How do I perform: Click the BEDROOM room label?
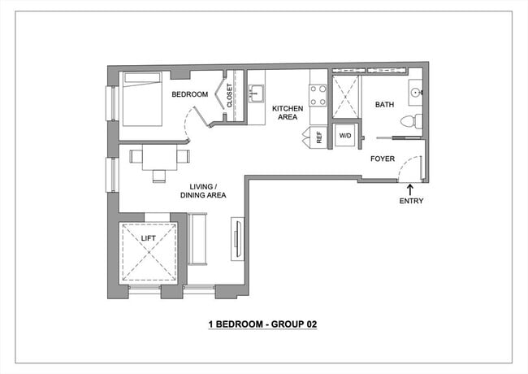click(x=189, y=94)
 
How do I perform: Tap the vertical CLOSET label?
click(x=230, y=96)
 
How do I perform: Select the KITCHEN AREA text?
click(x=288, y=112)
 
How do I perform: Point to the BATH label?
click(x=384, y=105)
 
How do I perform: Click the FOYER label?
click(x=383, y=159)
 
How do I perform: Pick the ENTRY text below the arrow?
click(x=410, y=201)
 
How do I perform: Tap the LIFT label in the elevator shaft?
click(x=148, y=238)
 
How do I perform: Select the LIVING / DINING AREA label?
click(x=202, y=190)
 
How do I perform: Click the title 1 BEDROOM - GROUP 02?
click(x=262, y=324)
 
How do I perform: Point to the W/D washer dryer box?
click(x=345, y=136)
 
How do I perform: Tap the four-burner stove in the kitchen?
click(x=318, y=95)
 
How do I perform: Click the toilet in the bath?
click(x=413, y=121)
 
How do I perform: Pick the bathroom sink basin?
click(x=415, y=93)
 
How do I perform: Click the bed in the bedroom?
click(x=143, y=99)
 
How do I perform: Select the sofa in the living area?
click(x=197, y=239)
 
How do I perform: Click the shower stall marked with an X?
click(x=345, y=98)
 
